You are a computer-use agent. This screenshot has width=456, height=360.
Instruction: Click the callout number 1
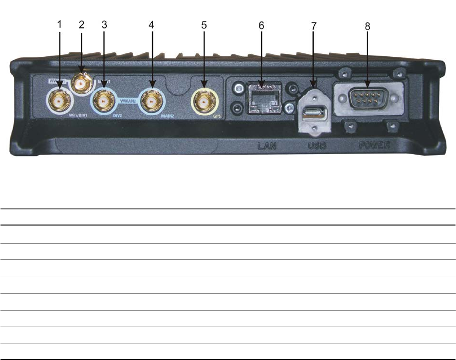[x=60, y=24]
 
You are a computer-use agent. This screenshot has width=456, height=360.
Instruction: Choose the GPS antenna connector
[x=205, y=103]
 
